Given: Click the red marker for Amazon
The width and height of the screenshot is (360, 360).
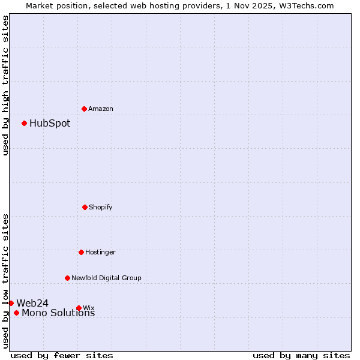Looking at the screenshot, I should [84, 109].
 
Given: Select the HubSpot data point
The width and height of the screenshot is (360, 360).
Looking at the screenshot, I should [24, 123].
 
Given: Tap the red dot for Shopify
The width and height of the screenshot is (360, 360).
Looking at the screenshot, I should [85, 207].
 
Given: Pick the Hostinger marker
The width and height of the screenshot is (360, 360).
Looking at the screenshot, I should [81, 252].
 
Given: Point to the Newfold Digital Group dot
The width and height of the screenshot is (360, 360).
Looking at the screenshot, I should [67, 278].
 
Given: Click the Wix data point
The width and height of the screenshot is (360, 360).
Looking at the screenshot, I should [79, 308].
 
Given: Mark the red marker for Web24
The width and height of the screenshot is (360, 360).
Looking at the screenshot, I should [11, 303].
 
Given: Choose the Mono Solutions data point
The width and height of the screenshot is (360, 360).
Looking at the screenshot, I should [16, 313].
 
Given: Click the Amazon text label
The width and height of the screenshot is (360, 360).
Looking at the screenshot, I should [101, 109].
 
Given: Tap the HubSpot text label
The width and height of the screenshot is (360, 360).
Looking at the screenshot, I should [50, 124].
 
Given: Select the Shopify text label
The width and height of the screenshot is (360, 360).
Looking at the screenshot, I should [101, 207].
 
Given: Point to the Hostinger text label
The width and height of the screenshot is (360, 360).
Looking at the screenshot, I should [100, 252].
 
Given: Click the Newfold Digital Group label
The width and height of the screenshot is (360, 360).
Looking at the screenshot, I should [106, 278].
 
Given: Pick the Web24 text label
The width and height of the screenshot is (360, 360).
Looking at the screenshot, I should [32, 303].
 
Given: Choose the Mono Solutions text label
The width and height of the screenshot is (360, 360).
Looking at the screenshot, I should [58, 313].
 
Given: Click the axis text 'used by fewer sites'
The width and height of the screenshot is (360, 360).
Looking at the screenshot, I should [62, 355].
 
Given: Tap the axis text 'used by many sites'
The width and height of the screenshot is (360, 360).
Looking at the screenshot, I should [301, 355].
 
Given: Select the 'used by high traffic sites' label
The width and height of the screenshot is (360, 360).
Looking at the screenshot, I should [5, 85].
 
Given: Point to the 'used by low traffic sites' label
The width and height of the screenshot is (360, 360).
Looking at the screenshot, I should [5, 280].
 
